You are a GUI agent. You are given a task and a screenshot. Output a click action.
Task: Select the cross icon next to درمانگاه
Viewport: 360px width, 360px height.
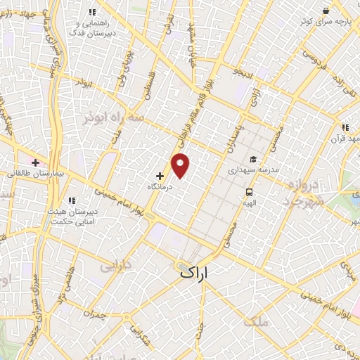tap(160, 176)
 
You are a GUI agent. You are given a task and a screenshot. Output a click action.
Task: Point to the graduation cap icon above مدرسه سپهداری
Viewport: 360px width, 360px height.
tap(252, 158)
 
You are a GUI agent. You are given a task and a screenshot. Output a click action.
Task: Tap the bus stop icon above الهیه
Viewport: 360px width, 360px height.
tap(249, 192)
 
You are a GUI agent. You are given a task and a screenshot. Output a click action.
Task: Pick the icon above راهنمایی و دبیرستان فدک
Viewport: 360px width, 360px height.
tap(91, 11)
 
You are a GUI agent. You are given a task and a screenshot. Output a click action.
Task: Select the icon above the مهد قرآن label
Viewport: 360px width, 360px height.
tap(345, 128)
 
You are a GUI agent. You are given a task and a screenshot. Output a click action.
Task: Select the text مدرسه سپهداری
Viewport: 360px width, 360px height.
tap(253, 171)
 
